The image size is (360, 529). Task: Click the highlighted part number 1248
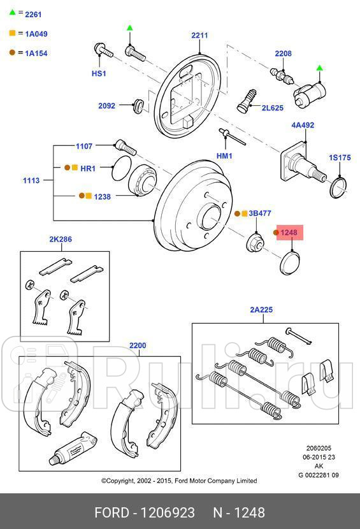(289, 233)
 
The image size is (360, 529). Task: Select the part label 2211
(199, 36)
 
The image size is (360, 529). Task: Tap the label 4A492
(303, 126)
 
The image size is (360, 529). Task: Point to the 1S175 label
(340, 157)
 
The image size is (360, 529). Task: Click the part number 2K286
(61, 240)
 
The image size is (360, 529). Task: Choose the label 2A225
(261, 310)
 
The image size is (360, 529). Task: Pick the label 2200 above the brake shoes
(138, 345)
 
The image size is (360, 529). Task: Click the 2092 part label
(106, 106)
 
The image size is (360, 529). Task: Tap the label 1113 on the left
(31, 180)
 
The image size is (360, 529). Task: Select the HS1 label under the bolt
(99, 73)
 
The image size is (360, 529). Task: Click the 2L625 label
(272, 108)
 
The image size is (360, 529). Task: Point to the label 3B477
(260, 214)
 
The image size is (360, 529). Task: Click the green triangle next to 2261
(12, 13)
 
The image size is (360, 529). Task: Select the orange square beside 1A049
(12, 34)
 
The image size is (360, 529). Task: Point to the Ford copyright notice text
(179, 481)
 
